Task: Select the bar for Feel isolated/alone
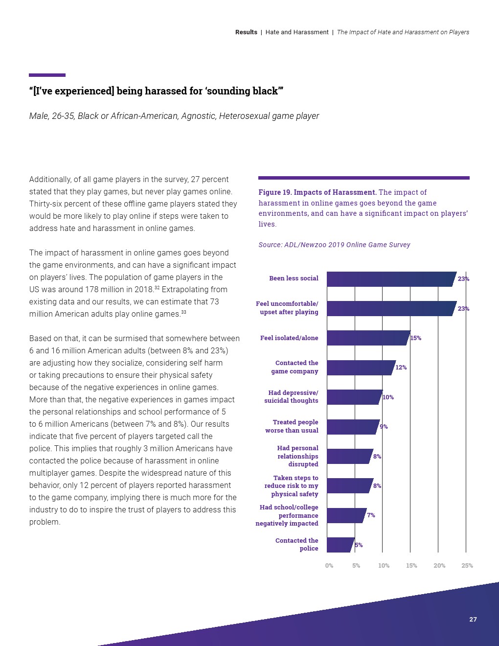click(367, 338)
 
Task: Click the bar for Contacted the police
click(340, 545)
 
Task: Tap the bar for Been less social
click(390, 279)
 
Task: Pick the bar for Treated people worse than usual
click(352, 427)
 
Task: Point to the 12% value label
click(401, 368)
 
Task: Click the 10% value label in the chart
click(388, 397)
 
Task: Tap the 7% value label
click(371, 515)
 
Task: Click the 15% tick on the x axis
click(411, 566)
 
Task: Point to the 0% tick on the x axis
click(329, 566)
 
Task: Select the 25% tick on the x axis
click(467, 566)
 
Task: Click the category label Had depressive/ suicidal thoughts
click(292, 397)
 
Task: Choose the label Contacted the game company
click(295, 367)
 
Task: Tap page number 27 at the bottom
click(473, 620)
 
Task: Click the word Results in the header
click(246, 32)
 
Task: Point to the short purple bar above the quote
click(47, 75)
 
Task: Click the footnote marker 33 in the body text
click(183, 312)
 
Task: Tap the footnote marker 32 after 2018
click(157, 288)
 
